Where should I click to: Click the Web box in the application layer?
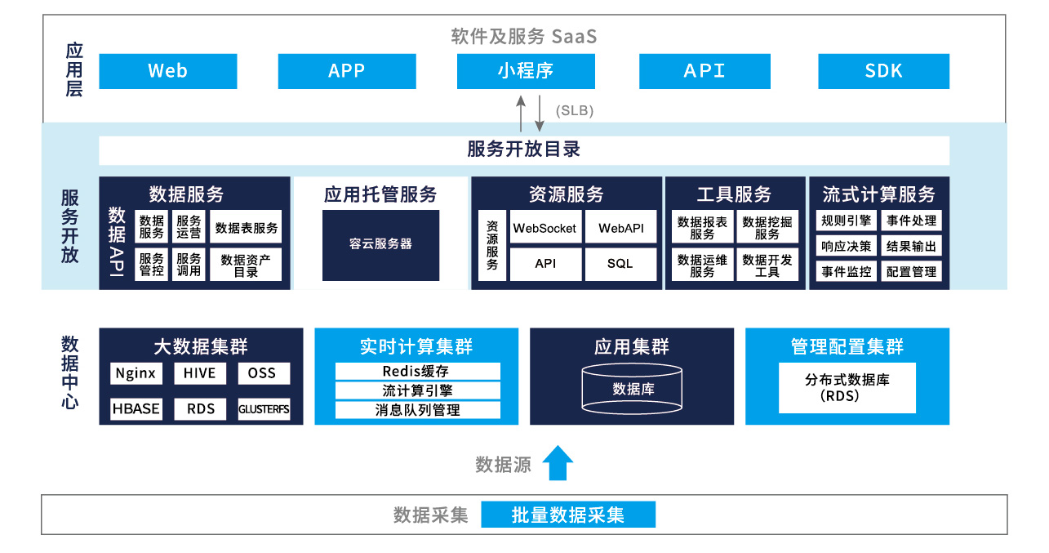coord(167,71)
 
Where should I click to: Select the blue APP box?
coord(346,71)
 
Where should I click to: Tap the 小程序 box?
coord(525,71)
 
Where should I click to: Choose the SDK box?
coord(883,71)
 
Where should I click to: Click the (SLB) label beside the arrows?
coord(574,110)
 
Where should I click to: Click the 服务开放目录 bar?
coord(523,150)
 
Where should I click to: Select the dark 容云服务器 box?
coord(380,244)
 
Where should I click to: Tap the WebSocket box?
coord(545,229)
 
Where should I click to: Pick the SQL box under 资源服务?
coord(620,264)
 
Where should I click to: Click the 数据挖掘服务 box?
coord(767,227)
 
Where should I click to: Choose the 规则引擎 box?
coord(847,221)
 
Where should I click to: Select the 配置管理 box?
coord(911,272)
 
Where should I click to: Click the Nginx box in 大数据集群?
coord(136,373)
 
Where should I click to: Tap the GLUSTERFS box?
coord(264,409)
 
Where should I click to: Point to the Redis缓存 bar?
coord(417,372)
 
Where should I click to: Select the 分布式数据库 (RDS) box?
coord(847,388)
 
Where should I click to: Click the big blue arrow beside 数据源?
coord(558,463)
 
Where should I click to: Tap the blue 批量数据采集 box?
coord(567,515)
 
